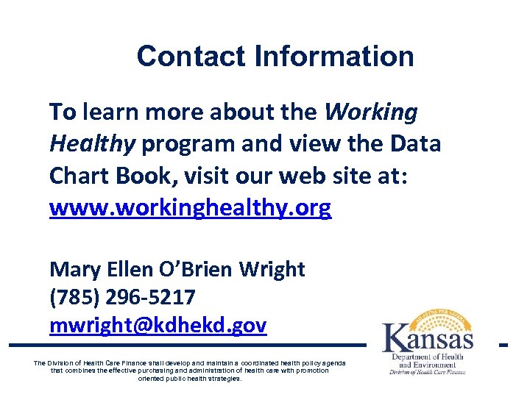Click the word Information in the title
pyautogui.click(x=334, y=57)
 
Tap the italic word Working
pyautogui.click(x=371, y=112)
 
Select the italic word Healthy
pyautogui.click(x=93, y=145)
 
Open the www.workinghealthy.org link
pyautogui.click(x=190, y=209)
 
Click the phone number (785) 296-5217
pyautogui.click(x=122, y=298)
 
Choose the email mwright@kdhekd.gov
pyautogui.click(x=158, y=326)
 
